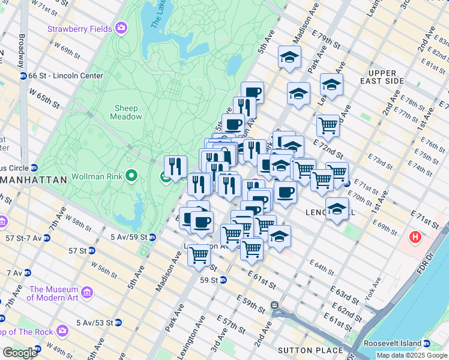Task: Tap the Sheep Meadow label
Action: (127, 112)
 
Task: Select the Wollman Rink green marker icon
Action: (131, 176)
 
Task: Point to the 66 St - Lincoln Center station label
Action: (65, 76)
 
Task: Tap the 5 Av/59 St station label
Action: (128, 238)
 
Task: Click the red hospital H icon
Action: (415, 238)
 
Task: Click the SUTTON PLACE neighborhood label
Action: (310, 350)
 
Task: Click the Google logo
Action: (19, 353)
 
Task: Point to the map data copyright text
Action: (412, 355)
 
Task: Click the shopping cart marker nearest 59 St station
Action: (199, 255)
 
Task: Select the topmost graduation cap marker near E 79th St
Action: (290, 58)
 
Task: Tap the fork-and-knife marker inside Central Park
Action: (175, 166)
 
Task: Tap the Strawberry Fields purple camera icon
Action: (122, 28)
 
